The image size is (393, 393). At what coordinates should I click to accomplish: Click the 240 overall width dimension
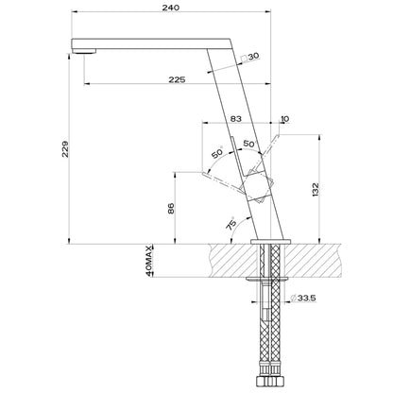(171, 8)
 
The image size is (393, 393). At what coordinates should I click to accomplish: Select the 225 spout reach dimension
(177, 79)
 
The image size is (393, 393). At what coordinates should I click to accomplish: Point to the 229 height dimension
(65, 149)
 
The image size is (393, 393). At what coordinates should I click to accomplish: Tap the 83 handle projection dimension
(236, 119)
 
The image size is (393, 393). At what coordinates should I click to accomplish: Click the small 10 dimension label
(284, 119)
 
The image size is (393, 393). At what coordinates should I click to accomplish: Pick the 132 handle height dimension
(316, 190)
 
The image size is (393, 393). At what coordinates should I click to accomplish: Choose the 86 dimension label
(171, 209)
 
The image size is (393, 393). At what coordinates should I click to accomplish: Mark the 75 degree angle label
(231, 223)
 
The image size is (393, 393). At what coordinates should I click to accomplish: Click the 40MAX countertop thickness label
(149, 261)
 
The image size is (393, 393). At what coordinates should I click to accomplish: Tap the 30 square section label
(253, 57)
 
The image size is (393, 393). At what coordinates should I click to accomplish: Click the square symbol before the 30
(244, 59)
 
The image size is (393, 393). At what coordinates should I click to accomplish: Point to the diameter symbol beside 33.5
(293, 298)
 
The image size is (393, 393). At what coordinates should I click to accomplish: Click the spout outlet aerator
(84, 51)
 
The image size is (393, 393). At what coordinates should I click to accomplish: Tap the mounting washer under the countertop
(267, 279)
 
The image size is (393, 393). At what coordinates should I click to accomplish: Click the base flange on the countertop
(271, 242)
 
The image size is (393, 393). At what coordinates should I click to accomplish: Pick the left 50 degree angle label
(217, 153)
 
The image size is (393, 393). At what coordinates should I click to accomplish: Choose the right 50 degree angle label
(248, 144)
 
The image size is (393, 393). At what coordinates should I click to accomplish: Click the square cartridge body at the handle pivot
(258, 187)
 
